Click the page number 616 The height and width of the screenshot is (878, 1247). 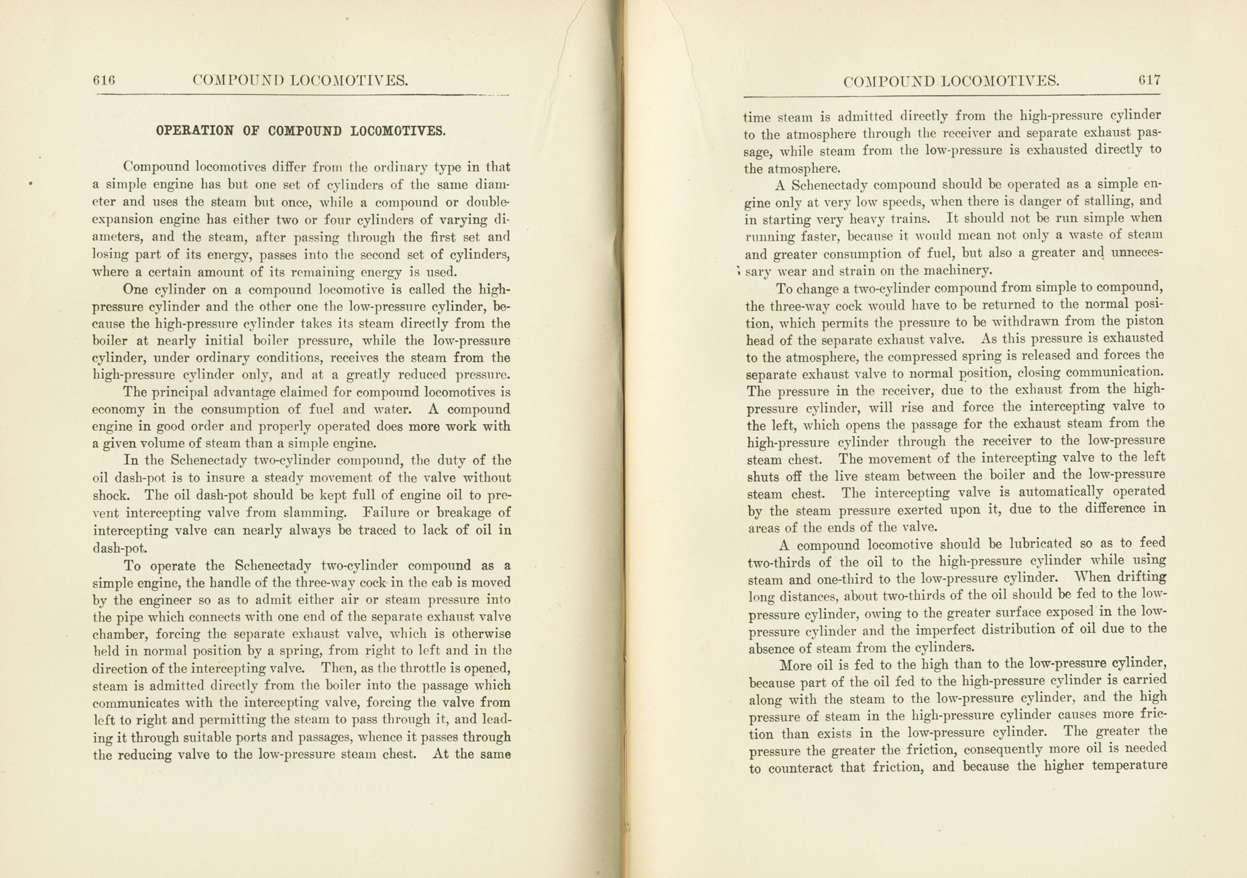tap(104, 80)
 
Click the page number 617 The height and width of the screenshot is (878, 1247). tap(1149, 80)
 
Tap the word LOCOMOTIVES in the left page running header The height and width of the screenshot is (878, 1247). tap(352, 81)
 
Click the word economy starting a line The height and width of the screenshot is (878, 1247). tap(118, 410)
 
